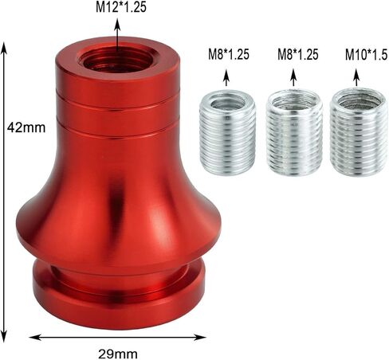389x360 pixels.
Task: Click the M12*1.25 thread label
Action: (117, 8)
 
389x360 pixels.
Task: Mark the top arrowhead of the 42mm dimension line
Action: (6, 45)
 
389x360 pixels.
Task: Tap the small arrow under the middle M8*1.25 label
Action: (294, 76)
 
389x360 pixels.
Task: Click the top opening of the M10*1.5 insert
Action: (358, 100)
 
